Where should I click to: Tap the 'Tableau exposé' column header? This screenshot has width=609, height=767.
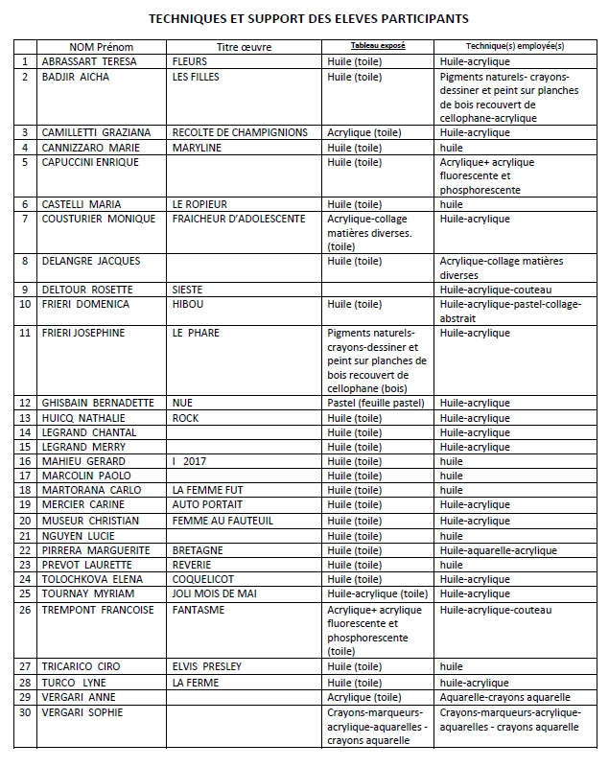(x=364, y=46)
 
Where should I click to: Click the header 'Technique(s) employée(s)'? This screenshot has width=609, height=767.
(x=515, y=46)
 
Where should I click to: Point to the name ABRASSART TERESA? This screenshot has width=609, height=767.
(x=89, y=60)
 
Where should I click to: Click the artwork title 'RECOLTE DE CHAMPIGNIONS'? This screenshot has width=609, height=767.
(x=240, y=132)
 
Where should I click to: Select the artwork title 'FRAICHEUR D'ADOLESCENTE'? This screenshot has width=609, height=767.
(x=239, y=219)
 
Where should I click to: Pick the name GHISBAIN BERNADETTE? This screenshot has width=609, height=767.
(x=97, y=404)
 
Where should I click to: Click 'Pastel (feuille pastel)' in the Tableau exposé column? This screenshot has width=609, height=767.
(x=375, y=404)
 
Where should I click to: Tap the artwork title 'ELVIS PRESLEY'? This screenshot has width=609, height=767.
(x=206, y=666)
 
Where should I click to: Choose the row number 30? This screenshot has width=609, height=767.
(x=26, y=713)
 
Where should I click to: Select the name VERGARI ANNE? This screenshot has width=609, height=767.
(x=79, y=697)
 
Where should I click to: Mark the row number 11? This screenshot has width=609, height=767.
(x=26, y=333)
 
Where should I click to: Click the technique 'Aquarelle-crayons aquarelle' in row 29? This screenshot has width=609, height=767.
(x=505, y=697)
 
